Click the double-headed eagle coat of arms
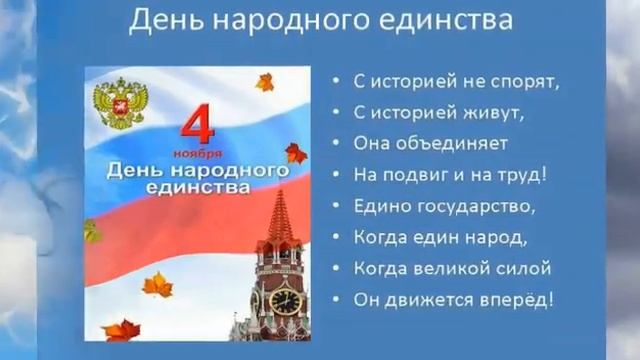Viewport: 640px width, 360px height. coord(119,105)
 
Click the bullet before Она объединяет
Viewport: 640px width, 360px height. coord(336,143)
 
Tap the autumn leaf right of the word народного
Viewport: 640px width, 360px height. coord(296,153)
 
